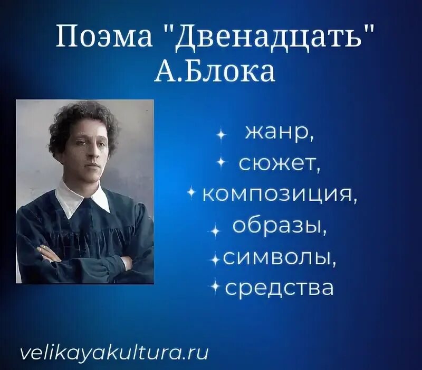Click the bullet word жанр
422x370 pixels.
(279, 133)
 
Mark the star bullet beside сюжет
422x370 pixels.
(222, 165)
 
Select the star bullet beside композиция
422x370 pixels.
(192, 195)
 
